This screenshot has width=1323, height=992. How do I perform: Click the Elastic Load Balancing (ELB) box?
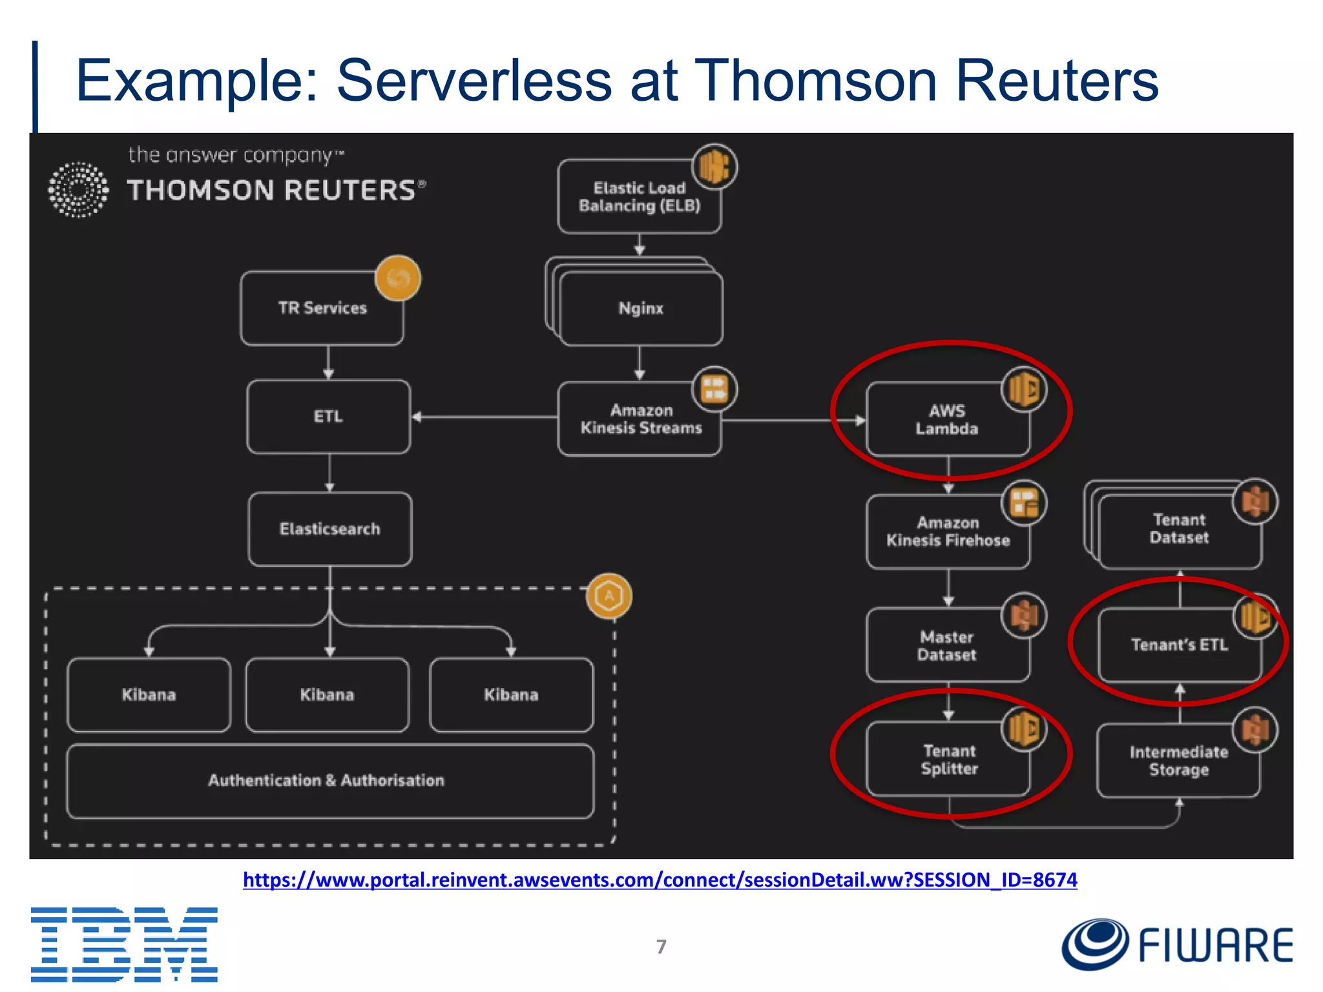[639, 197]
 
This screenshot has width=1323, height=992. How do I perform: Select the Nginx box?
[641, 309]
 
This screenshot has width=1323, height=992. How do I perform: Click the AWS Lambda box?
[947, 420]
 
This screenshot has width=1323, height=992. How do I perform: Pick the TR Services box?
[322, 308]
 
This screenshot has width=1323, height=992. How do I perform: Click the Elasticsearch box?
[329, 529]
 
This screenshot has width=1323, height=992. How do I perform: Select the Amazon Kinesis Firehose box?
[948, 532]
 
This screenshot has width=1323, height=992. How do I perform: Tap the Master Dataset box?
[947, 645]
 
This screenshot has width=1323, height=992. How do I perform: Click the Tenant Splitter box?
[948, 759]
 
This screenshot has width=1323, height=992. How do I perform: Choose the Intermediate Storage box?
[1178, 761]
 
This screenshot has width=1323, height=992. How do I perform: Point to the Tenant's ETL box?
[1179, 645]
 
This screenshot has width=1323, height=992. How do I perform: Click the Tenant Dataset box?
[1179, 529]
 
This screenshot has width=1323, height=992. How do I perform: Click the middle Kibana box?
[327, 695]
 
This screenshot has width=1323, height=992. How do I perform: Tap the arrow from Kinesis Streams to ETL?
[484, 417]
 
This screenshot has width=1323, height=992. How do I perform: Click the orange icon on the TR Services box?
[398, 278]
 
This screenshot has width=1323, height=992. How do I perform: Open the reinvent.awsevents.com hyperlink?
[660, 880]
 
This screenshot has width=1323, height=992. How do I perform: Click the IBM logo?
[124, 944]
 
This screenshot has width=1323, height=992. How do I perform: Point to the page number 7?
[661, 947]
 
